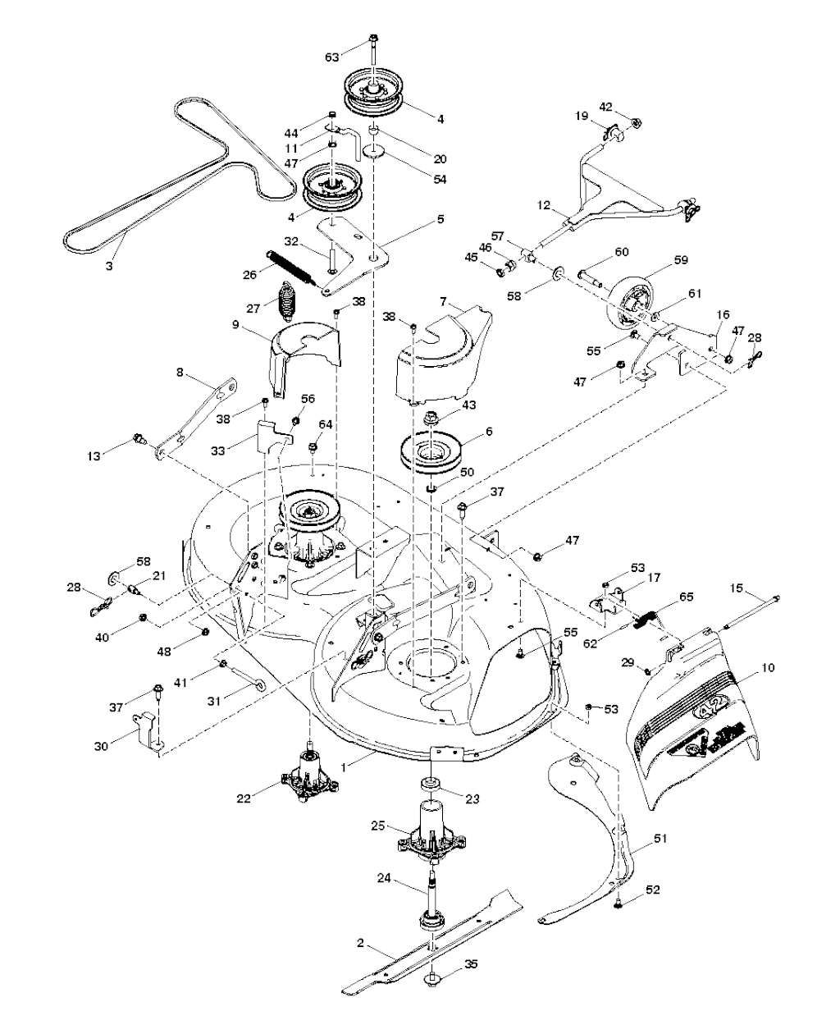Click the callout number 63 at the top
click(332, 57)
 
